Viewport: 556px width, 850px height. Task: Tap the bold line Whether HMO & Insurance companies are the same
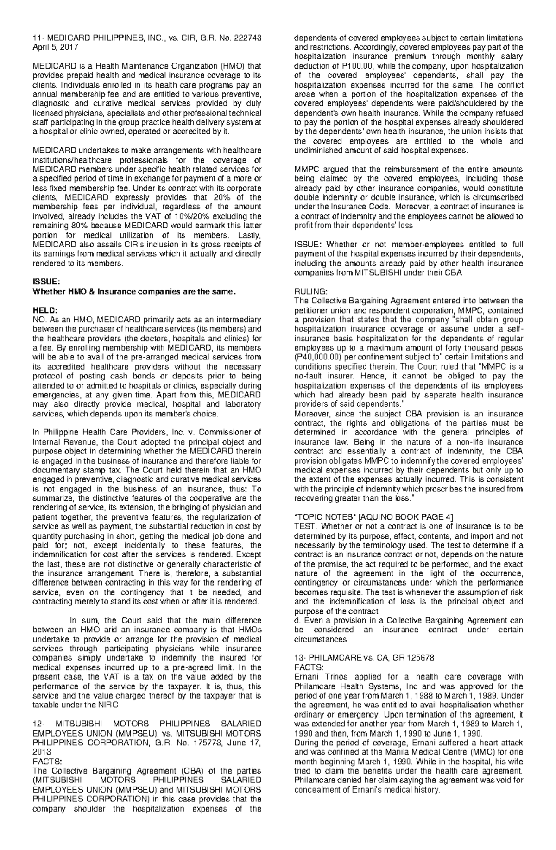tap(134, 291)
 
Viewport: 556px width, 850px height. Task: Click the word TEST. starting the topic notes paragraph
tap(306, 526)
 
